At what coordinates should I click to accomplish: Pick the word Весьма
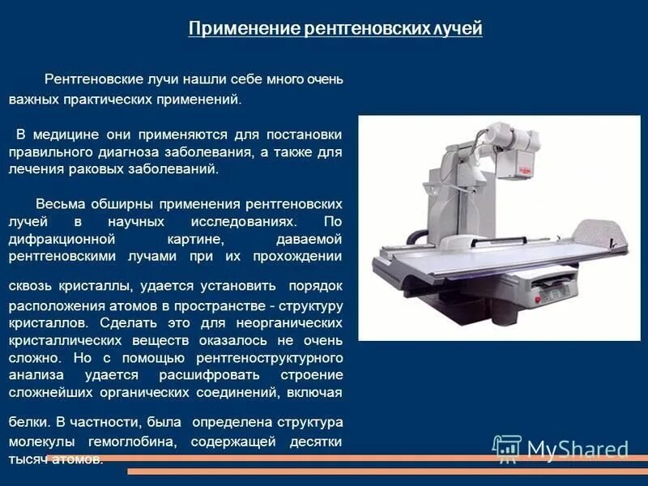(x=58, y=203)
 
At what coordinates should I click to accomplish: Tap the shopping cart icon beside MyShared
(x=506, y=448)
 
